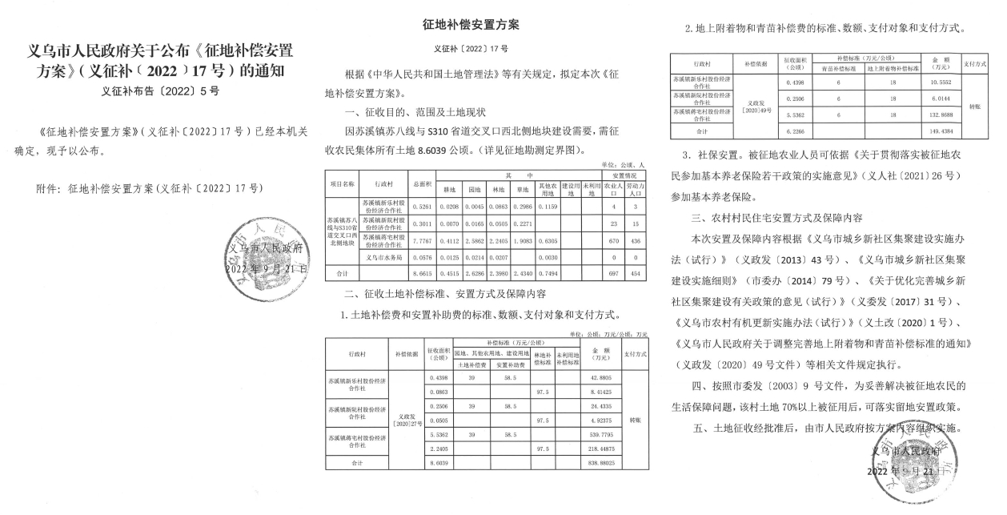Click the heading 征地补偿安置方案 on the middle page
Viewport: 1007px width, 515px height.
click(475, 25)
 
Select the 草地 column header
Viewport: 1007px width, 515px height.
click(521, 190)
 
